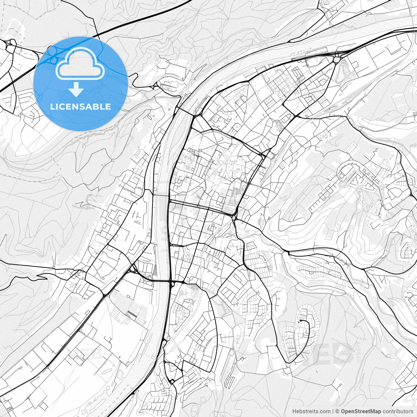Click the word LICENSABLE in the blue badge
click(x=80, y=107)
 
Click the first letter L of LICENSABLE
click(x=52, y=107)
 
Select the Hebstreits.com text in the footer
click(x=311, y=411)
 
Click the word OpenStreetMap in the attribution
click(x=361, y=411)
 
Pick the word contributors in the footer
click(x=397, y=411)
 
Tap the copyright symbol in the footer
click(x=338, y=411)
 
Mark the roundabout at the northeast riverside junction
click(x=336, y=60)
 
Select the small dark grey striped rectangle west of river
click(x=132, y=314)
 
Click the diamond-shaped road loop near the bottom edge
click(x=171, y=381)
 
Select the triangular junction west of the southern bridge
click(x=133, y=269)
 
